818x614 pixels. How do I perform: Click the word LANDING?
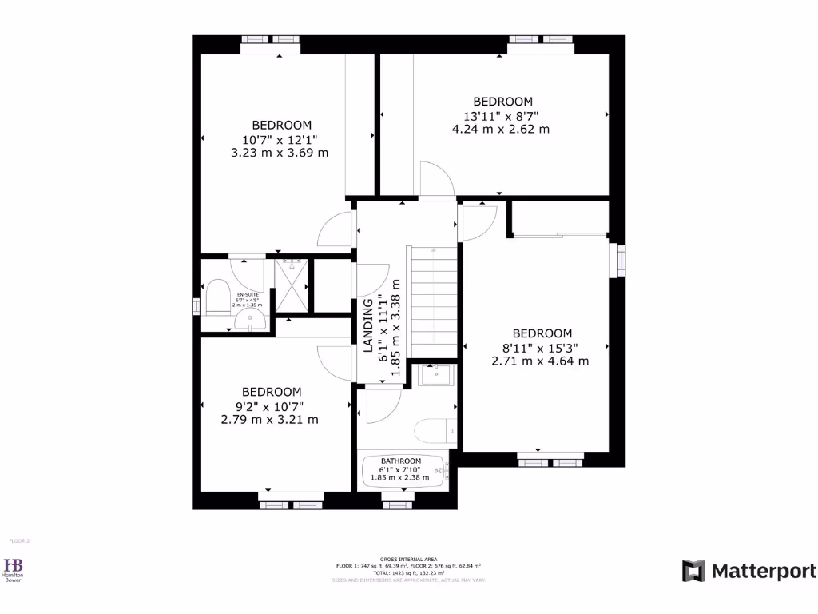(x=368, y=325)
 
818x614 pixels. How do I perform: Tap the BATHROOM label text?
(x=400, y=461)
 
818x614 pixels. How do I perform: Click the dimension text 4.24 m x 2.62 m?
(x=502, y=129)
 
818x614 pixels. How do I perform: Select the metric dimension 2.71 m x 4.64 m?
(x=540, y=361)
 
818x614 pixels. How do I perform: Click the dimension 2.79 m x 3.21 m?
(x=271, y=419)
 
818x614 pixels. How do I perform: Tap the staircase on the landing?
(x=431, y=301)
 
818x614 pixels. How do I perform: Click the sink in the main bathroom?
(x=436, y=374)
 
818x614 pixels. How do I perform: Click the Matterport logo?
(x=749, y=571)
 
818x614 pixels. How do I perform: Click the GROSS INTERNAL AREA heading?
(x=408, y=560)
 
